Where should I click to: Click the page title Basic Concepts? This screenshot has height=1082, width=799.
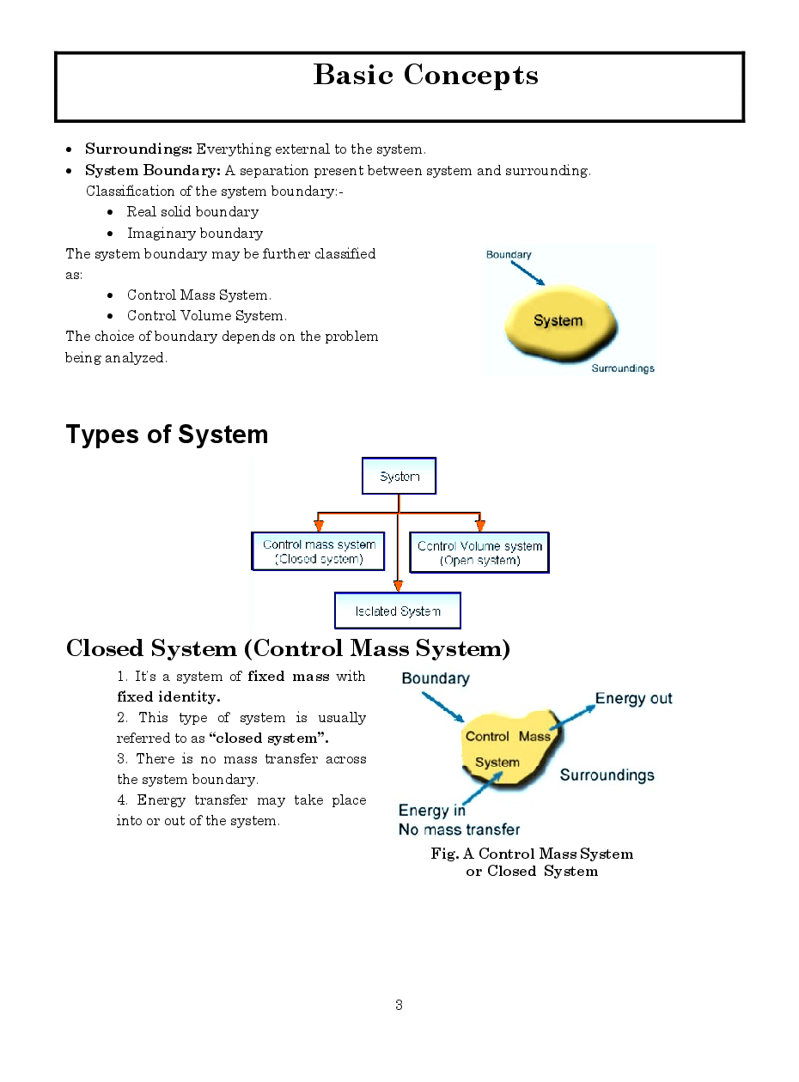pos(425,76)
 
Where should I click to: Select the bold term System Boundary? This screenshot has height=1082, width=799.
pos(153,170)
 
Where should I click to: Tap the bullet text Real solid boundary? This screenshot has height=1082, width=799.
pos(192,212)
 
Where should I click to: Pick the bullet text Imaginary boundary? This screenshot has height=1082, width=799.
pos(195,234)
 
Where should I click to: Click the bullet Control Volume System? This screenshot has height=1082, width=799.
pos(207,316)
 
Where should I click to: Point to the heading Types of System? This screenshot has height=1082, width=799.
pos(167,435)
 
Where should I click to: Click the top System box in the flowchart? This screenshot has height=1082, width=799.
pos(399,477)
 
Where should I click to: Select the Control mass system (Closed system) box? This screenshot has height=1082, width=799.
pos(319,551)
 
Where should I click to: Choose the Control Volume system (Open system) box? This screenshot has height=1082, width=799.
pos(479,552)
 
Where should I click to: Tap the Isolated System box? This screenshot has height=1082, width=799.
pos(398,611)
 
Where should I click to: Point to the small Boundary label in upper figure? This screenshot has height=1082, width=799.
pos(509,255)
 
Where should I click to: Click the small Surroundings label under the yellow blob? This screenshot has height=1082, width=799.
pos(623,368)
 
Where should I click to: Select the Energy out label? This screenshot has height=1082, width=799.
pos(633,699)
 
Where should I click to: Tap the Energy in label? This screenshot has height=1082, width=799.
pos(431,811)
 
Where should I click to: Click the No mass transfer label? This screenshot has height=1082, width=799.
pos(459,830)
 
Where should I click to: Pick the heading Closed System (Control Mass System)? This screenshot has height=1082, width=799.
pos(288,648)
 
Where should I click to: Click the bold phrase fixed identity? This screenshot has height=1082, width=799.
pos(168,696)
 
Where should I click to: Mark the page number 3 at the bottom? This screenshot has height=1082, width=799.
pos(399,1005)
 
